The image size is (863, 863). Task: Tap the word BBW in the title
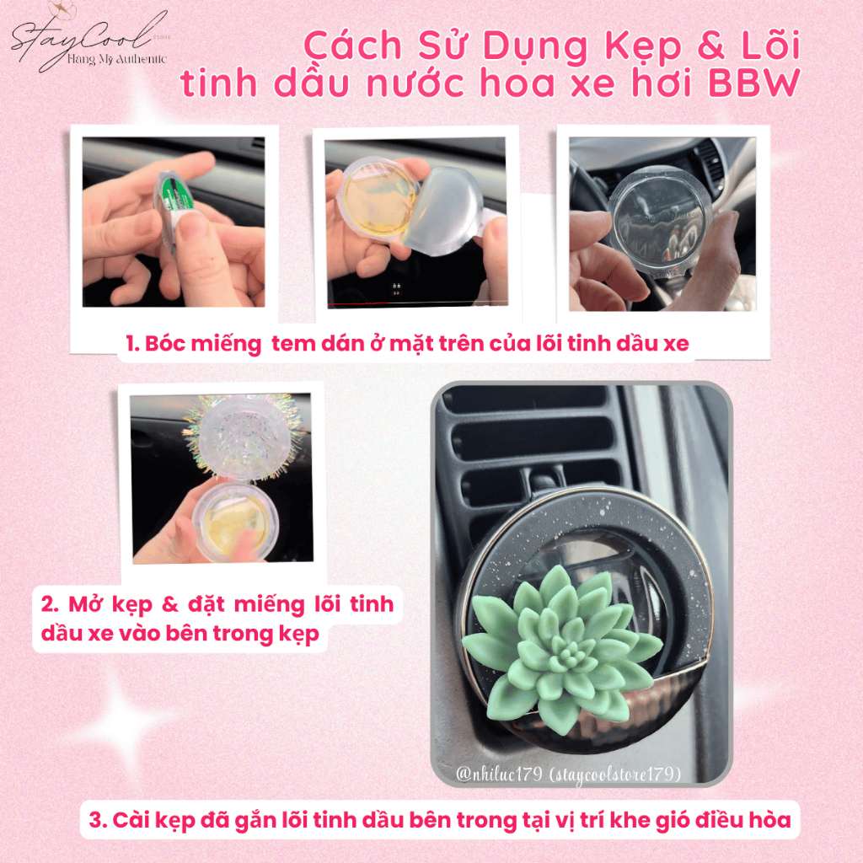[x=753, y=83]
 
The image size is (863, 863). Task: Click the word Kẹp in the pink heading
[x=643, y=46]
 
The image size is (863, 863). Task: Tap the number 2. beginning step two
[x=50, y=603]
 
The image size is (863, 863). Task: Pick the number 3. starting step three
[x=98, y=819]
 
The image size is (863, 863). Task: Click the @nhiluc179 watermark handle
[x=499, y=774]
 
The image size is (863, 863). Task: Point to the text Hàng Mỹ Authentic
[x=116, y=59]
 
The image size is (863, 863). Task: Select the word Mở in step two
[x=85, y=603]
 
